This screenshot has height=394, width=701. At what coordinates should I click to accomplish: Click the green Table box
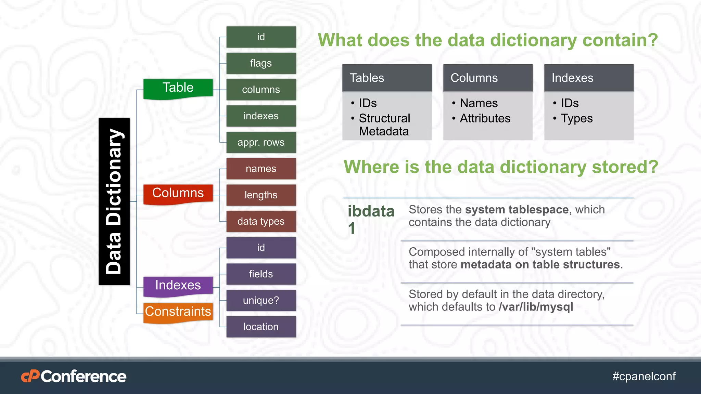pyautogui.click(x=178, y=88)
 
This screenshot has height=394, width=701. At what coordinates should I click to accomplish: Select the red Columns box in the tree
pyautogui.click(x=178, y=194)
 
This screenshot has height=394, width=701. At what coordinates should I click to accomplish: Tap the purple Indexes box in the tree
pyautogui.click(x=178, y=286)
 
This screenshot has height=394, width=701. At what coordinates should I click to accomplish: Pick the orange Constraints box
pyautogui.click(x=178, y=312)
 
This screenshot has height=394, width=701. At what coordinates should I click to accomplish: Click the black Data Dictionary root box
pyautogui.click(x=114, y=201)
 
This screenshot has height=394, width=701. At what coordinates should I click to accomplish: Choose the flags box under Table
pyautogui.click(x=261, y=63)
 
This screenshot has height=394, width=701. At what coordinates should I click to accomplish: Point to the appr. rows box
pyautogui.click(x=261, y=142)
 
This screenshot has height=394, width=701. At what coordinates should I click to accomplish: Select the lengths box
pyautogui.click(x=261, y=195)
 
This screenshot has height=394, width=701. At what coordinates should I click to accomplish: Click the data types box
pyautogui.click(x=261, y=221)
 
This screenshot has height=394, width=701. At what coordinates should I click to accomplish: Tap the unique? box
pyautogui.click(x=261, y=300)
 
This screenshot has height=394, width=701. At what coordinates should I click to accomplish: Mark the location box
pyautogui.click(x=261, y=327)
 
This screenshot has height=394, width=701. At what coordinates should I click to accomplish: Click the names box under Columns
pyautogui.click(x=261, y=169)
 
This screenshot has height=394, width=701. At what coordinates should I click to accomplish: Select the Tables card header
pyautogui.click(x=387, y=78)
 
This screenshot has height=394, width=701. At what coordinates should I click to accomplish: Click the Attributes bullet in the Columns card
pyautogui.click(x=485, y=118)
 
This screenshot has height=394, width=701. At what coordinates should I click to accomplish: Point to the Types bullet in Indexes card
pyautogui.click(x=576, y=118)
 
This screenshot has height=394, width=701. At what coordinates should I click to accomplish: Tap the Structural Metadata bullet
pyautogui.click(x=384, y=125)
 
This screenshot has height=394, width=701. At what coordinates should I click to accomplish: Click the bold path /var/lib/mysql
pyautogui.click(x=536, y=307)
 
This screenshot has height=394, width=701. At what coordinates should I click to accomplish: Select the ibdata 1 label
pyautogui.click(x=371, y=219)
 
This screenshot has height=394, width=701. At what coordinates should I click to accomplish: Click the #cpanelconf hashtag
pyautogui.click(x=644, y=376)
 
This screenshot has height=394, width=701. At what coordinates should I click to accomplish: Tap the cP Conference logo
pyautogui.click(x=74, y=376)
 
